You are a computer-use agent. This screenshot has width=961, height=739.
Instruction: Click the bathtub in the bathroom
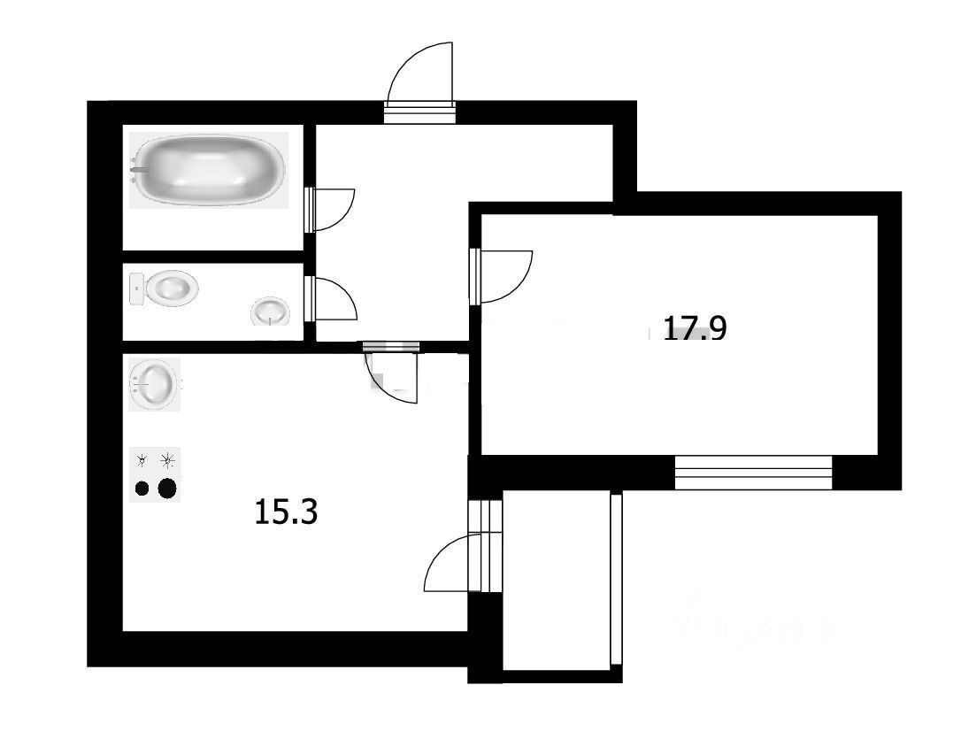(210, 169)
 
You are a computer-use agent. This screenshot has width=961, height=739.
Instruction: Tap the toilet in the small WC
(170, 289)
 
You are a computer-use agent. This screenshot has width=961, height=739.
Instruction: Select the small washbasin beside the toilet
(270, 311)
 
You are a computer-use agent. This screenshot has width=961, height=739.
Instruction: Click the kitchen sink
(155, 384)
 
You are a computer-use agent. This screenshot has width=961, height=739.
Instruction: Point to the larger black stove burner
(166, 488)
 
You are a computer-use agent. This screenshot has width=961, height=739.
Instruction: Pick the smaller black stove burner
(142, 488)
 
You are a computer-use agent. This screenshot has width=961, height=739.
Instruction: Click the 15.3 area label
(285, 512)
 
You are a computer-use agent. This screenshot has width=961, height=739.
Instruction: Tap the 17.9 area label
(695, 329)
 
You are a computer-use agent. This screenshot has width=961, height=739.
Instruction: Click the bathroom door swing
(331, 210)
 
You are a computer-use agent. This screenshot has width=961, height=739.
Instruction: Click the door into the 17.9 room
(502, 275)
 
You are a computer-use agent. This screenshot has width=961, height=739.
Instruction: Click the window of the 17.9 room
(753, 473)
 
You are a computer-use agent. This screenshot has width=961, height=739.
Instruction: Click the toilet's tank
(137, 289)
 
